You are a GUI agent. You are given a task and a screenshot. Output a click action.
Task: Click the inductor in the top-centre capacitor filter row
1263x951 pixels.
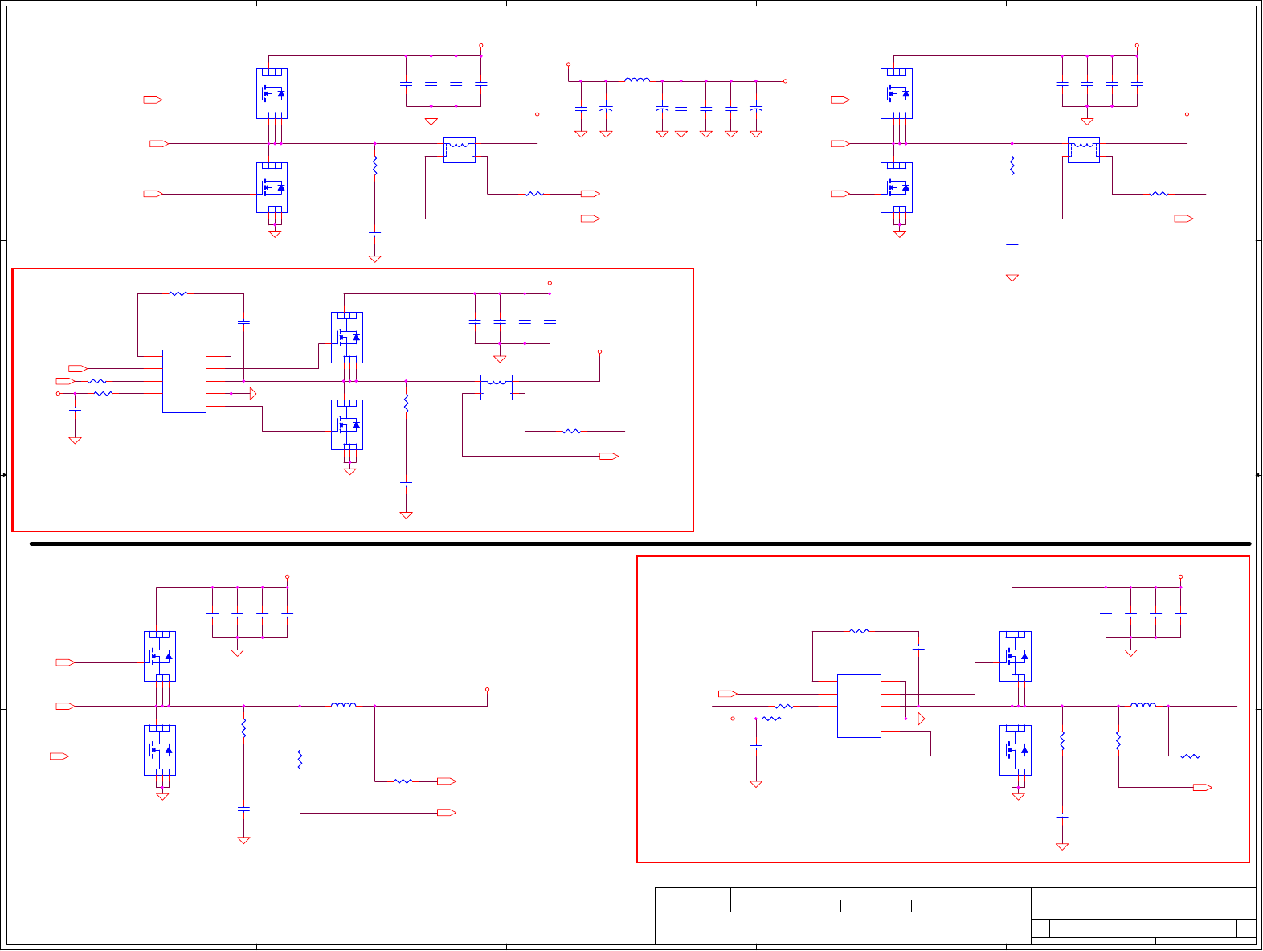point(637,80)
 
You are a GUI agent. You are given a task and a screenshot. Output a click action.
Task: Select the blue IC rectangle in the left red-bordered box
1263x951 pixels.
point(184,381)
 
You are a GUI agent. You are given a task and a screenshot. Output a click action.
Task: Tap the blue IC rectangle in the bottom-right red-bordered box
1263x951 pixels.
point(859,706)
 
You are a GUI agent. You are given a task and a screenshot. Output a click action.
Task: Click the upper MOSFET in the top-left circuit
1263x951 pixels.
point(272,93)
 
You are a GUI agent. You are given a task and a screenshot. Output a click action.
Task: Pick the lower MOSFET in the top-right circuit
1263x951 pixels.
point(897,187)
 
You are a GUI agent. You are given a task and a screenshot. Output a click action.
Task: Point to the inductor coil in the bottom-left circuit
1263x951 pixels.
point(344,705)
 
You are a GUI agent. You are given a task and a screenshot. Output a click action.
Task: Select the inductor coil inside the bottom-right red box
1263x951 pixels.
point(1143,705)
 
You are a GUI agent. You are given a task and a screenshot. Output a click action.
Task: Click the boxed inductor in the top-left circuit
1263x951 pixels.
point(460,150)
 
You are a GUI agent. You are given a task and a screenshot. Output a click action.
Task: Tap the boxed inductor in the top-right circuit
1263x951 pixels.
point(1084,150)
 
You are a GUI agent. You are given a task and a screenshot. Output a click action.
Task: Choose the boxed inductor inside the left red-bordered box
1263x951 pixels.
point(497,387)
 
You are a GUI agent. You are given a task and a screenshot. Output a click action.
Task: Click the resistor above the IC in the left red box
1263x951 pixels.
point(178,293)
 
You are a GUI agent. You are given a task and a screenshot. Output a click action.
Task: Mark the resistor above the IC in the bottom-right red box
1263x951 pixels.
point(859,631)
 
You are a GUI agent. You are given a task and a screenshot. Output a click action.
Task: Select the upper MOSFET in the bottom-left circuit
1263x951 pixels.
point(160,656)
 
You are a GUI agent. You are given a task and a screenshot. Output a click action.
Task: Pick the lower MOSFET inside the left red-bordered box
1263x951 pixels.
point(347,424)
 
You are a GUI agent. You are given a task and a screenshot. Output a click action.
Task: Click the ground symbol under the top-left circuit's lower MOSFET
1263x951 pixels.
point(275,234)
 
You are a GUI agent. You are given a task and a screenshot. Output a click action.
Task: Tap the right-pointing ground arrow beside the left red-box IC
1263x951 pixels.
point(252,394)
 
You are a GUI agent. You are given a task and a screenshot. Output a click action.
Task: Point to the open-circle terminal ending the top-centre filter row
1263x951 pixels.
point(785,81)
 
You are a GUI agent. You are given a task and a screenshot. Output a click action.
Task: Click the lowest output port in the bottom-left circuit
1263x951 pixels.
point(447,813)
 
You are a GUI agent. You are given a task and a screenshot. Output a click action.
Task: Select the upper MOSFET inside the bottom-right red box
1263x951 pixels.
point(1016,656)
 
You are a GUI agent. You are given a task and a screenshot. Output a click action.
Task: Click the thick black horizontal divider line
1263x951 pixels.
point(640,543)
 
